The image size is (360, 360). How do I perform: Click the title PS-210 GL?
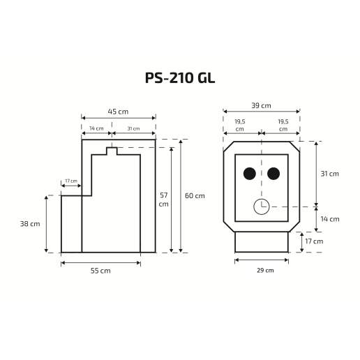click(x=179, y=77)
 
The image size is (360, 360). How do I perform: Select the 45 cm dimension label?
click(x=118, y=112)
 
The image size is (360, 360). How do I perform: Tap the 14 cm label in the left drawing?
click(x=96, y=128)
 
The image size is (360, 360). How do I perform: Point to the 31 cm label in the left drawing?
click(x=133, y=128)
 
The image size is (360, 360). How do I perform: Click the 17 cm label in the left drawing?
click(x=70, y=181)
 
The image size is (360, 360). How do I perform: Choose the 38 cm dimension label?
click(x=30, y=224)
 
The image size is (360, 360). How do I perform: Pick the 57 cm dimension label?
click(x=163, y=200)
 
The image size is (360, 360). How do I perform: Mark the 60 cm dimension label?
click(x=195, y=196)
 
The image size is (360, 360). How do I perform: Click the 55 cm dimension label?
click(x=100, y=271)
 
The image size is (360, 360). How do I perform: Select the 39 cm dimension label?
click(x=261, y=105)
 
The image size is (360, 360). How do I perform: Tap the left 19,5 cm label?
click(x=239, y=125)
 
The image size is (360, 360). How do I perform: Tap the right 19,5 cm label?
click(x=283, y=125)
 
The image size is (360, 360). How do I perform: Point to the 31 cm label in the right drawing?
click(x=329, y=174)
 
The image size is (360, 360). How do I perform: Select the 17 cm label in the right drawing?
click(x=314, y=241)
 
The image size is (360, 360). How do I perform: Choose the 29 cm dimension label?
click(x=261, y=270)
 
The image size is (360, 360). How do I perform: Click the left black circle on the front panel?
click(x=249, y=174)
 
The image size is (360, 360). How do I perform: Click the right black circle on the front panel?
click(x=273, y=174)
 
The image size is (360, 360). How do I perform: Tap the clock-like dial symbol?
click(x=261, y=207)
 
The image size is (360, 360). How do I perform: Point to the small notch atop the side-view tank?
click(x=112, y=151)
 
